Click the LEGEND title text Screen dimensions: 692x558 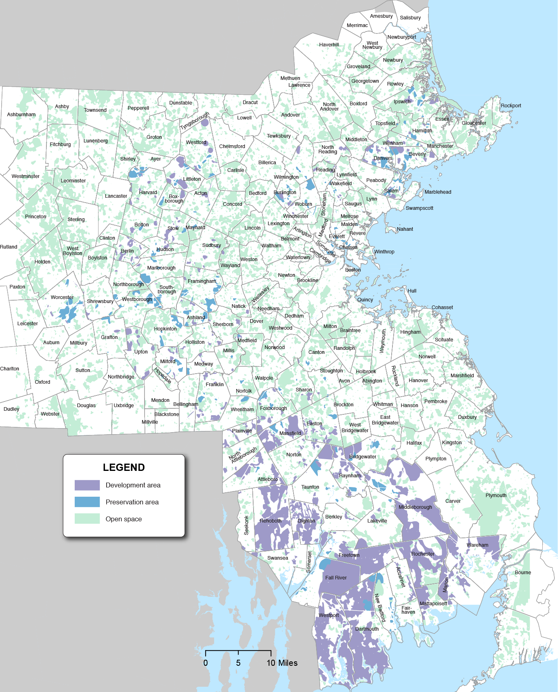124,467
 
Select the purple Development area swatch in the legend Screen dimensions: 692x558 87,485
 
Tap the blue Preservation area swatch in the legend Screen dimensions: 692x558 87,502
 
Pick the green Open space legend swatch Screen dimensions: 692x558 87,519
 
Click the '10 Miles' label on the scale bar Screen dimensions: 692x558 282,663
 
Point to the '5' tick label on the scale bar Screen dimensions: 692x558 238,663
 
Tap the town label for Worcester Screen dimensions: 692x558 62,297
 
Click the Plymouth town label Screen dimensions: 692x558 496,495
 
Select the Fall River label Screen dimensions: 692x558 336,578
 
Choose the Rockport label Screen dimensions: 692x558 511,106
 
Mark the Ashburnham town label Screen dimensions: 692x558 21,115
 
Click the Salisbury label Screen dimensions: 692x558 410,18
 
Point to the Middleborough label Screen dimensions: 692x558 415,507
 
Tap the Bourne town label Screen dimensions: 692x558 523,573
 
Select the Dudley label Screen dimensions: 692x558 11,409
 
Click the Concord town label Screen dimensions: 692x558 233,204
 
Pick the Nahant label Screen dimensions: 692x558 405,229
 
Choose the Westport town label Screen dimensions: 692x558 329,615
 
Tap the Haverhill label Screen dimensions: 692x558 329,45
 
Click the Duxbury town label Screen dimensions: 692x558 467,417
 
